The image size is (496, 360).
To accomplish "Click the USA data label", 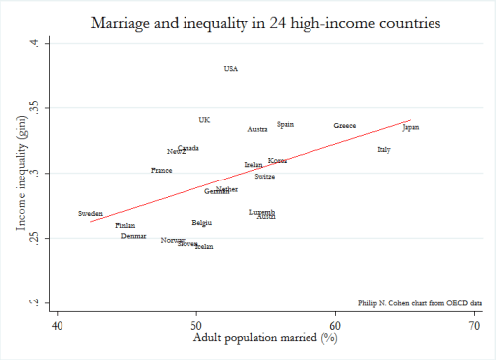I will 231,69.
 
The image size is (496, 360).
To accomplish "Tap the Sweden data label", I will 90,213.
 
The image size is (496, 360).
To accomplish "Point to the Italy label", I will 383,149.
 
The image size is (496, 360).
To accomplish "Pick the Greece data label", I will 344,126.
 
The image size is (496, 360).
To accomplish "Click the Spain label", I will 285,124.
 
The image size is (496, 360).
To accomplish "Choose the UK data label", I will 204,120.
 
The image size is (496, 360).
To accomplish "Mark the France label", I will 161,170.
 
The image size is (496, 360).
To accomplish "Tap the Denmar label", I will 133,236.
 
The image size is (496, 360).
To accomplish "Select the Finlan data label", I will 125,226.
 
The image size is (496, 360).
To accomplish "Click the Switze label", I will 264,176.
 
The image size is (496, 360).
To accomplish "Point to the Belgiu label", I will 201,223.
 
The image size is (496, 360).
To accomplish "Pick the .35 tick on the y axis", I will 33,107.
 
